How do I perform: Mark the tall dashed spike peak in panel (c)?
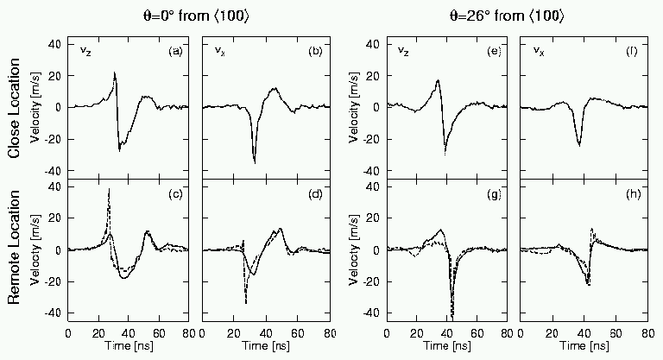[109, 189]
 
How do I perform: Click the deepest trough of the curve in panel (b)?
[255, 161]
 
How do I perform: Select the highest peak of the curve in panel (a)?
[115, 73]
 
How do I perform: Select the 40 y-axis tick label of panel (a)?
[53, 43]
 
